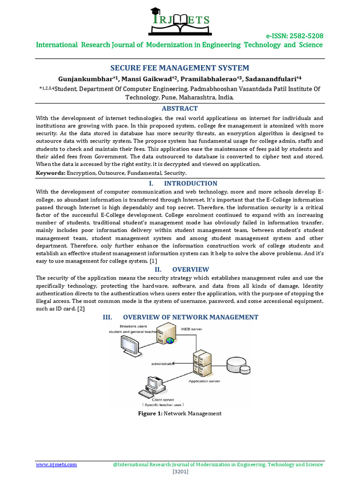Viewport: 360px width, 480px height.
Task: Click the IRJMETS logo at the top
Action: [180, 22]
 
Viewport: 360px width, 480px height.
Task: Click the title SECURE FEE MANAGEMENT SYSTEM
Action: [180, 67]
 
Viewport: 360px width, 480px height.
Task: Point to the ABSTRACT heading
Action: [180, 108]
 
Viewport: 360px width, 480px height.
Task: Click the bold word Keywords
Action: [51, 173]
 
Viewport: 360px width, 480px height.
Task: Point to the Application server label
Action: [204, 381]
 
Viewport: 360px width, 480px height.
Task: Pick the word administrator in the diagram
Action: [163, 363]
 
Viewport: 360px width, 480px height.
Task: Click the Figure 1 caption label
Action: [150, 413]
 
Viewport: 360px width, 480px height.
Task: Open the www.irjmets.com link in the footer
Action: [57, 464]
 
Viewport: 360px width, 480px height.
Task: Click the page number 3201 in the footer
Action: [180, 471]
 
